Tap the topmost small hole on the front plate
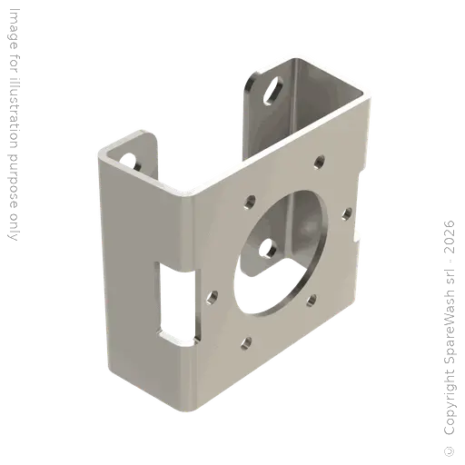tap(318, 163)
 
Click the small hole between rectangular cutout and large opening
tap(212, 296)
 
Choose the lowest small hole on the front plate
tap(245, 343)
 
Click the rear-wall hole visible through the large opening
tap(268, 244)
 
